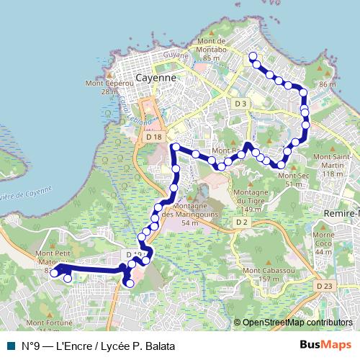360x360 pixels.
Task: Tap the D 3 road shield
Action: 240,104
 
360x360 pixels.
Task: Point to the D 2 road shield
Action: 241,222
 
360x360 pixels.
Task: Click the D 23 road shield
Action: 323,286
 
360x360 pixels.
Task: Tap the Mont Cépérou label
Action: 101,87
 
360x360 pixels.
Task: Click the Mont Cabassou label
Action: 261,274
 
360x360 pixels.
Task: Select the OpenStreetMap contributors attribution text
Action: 297,323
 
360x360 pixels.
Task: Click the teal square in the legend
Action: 10,346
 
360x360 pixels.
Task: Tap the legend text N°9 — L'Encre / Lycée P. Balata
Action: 98,346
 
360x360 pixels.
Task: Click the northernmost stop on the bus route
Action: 253,56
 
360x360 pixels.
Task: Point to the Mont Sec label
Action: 289,179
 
